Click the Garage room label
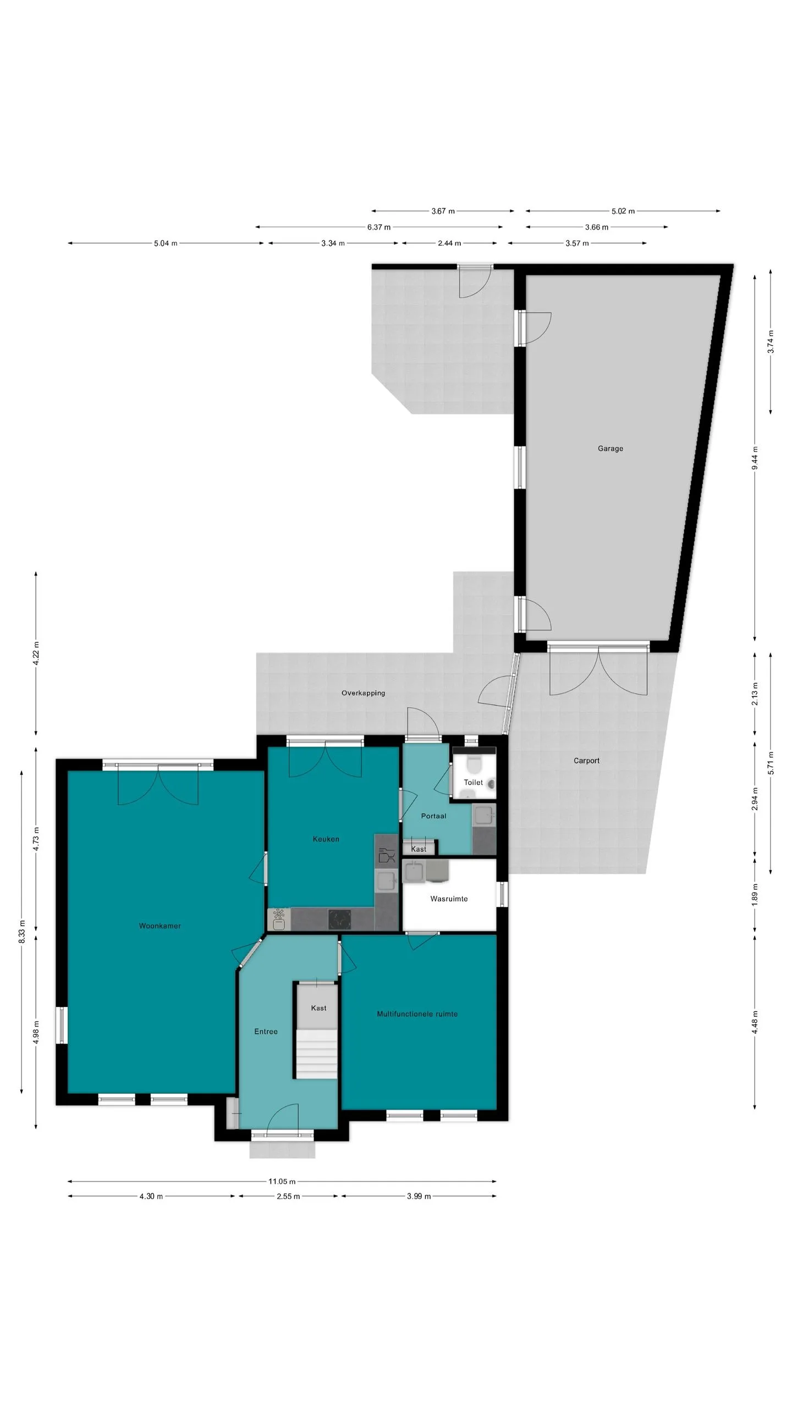point(610,448)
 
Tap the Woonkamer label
point(159,926)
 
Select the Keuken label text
point(326,839)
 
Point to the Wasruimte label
point(449,899)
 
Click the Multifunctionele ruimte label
point(417,1014)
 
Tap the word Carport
point(586,761)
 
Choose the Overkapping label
point(363,693)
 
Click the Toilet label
point(473,782)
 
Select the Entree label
point(266,1032)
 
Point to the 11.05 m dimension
point(282,1181)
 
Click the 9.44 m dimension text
point(755,458)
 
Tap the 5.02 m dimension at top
point(623,211)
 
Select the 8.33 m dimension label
point(21,931)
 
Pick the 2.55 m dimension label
point(288,1196)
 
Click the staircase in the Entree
point(316,1054)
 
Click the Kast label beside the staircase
point(318,1008)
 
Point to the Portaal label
point(433,816)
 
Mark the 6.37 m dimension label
point(379,227)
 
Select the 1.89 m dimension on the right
point(755,894)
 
